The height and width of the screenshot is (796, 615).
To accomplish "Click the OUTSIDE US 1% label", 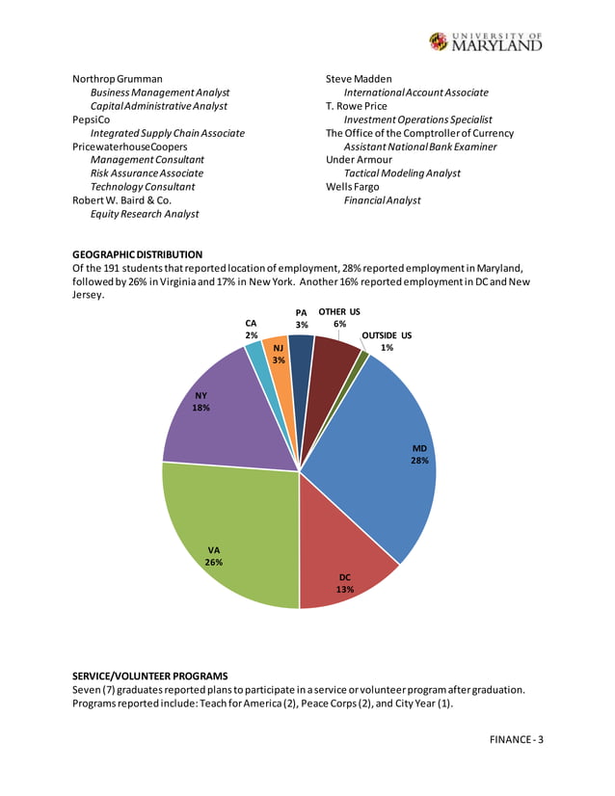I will tap(386, 341).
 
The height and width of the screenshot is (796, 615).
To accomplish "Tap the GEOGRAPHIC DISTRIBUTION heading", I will tap(138, 253).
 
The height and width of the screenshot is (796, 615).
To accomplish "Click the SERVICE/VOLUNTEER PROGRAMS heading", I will tap(149, 676).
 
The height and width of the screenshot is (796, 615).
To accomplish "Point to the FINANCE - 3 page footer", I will tap(516, 740).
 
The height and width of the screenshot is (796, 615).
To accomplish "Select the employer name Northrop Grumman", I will tap(118, 79).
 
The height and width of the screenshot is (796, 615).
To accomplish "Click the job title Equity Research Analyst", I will tap(145, 214).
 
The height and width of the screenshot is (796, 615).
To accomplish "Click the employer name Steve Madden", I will tap(359, 79).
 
